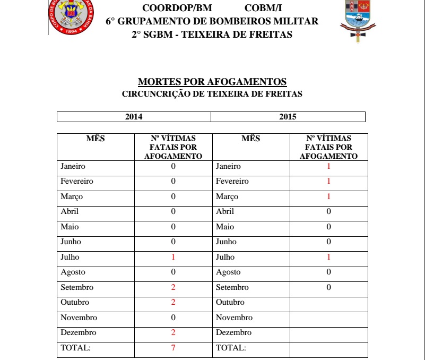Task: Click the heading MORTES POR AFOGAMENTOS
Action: (x=212, y=82)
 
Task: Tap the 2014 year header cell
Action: (x=134, y=117)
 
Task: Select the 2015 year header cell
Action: (x=288, y=117)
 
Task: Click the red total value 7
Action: (x=173, y=348)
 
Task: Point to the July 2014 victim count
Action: (x=173, y=257)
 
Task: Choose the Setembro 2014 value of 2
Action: (x=173, y=287)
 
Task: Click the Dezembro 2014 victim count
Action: (x=173, y=333)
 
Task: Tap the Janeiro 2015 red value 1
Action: (x=328, y=166)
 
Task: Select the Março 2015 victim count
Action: (x=328, y=196)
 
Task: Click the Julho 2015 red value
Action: (x=328, y=257)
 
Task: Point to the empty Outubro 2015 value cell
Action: (x=328, y=303)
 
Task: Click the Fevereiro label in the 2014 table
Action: (x=77, y=181)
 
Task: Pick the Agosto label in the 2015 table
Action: (x=228, y=272)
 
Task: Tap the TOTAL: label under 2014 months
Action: (x=76, y=348)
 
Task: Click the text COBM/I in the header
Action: (x=264, y=8)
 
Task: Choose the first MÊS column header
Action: (x=96, y=139)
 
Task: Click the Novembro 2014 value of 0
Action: (x=173, y=318)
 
